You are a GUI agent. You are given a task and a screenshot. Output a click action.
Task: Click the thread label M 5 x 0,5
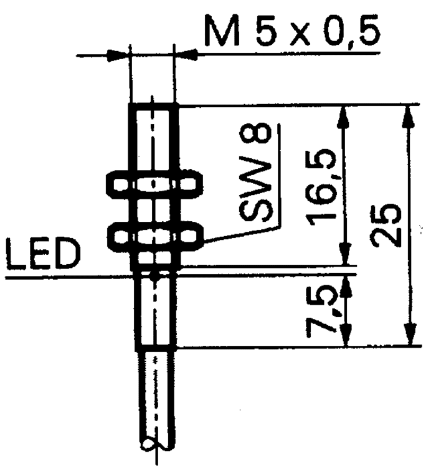[291, 31]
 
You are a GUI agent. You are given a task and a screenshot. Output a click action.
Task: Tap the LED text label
[44, 254]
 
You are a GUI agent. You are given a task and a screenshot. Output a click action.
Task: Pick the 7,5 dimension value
[323, 312]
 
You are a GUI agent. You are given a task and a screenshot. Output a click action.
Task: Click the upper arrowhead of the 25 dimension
[408, 117]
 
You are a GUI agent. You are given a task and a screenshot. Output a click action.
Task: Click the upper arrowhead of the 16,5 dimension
[343, 117]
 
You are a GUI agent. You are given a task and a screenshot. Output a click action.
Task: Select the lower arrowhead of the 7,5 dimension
[346, 335]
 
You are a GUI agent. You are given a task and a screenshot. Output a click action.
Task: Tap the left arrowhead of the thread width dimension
[118, 55]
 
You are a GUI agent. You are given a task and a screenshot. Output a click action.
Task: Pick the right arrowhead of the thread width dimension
[186, 55]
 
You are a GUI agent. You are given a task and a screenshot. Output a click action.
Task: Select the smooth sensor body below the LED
[155, 313]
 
